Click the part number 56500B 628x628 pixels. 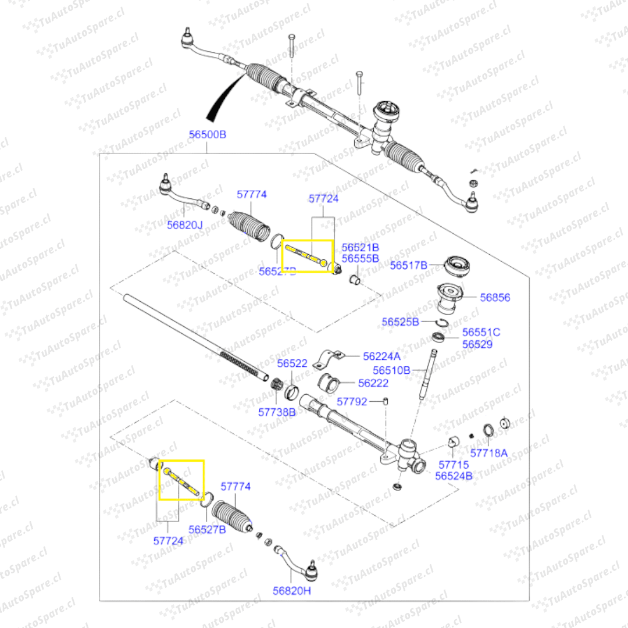[x=208, y=134]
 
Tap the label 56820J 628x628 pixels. [x=184, y=225]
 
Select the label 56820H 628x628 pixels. [x=292, y=590]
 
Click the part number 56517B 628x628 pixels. [x=408, y=265]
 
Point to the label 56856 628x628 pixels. [x=495, y=297]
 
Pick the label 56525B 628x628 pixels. [x=400, y=321]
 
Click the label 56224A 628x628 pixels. [x=381, y=356]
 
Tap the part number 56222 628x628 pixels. [x=373, y=383]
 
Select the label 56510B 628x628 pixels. [x=391, y=370]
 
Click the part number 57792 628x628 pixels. [x=352, y=401]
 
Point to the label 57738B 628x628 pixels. [x=277, y=412]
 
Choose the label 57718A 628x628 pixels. [x=489, y=452]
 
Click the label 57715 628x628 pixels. [x=454, y=465]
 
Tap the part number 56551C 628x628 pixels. [x=481, y=333]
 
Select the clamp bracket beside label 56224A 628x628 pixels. [x=330, y=358]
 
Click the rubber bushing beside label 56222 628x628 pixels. [x=331, y=383]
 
